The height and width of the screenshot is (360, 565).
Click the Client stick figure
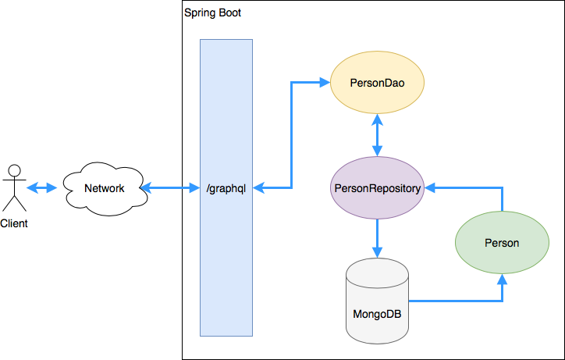pos(13,187)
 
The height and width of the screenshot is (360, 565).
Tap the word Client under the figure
pos(13,223)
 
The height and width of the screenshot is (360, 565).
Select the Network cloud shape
pos(104,188)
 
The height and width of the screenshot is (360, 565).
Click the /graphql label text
pos(226,188)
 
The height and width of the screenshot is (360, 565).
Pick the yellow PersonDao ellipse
pos(378,82)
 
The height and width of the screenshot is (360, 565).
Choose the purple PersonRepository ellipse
pos(378,188)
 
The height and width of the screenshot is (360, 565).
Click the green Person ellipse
pos(501,243)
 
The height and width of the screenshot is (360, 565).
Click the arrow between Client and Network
pos(42,188)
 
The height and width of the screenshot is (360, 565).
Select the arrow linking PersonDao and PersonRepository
pos(378,135)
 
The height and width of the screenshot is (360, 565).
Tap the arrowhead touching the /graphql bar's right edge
pos(259,188)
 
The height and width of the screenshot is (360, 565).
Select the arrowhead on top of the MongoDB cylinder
pos(378,252)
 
